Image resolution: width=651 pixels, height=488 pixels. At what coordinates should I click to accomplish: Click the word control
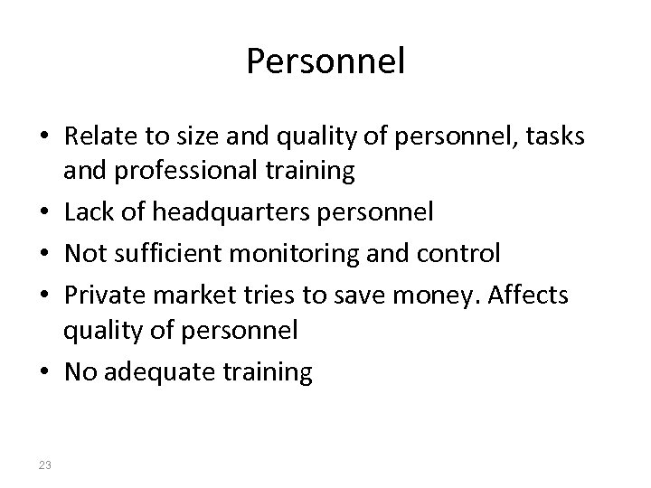(462, 253)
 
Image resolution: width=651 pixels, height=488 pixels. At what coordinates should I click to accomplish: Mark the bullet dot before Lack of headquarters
(45, 213)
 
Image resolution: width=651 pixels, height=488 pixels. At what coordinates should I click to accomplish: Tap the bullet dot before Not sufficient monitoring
(45, 254)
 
